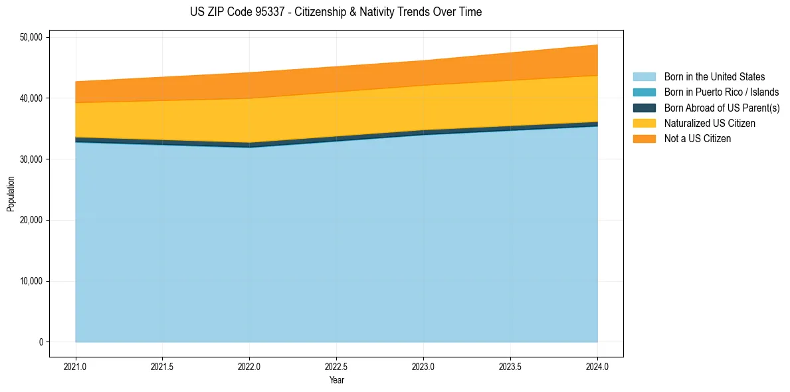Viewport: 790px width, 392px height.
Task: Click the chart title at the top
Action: coord(336,12)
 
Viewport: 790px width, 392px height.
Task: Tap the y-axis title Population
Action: coord(10,194)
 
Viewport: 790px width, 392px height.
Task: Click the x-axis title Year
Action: coord(336,380)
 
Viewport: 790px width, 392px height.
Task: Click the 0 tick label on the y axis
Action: coord(41,342)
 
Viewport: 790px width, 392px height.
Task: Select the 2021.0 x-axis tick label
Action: coord(76,365)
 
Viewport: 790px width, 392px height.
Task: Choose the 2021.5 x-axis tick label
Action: coord(163,365)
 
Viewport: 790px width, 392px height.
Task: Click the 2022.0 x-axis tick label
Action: coord(249,365)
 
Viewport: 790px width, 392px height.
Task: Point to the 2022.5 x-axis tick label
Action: coord(336,365)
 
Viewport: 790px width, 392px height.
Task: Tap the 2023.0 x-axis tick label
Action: coord(423,365)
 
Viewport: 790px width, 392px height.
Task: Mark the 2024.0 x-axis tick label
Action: coord(597,365)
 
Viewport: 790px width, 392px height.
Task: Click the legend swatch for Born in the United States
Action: coord(644,77)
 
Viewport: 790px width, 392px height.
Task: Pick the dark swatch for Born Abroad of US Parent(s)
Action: coord(644,108)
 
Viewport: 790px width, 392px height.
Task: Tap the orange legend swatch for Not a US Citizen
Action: coord(644,139)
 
